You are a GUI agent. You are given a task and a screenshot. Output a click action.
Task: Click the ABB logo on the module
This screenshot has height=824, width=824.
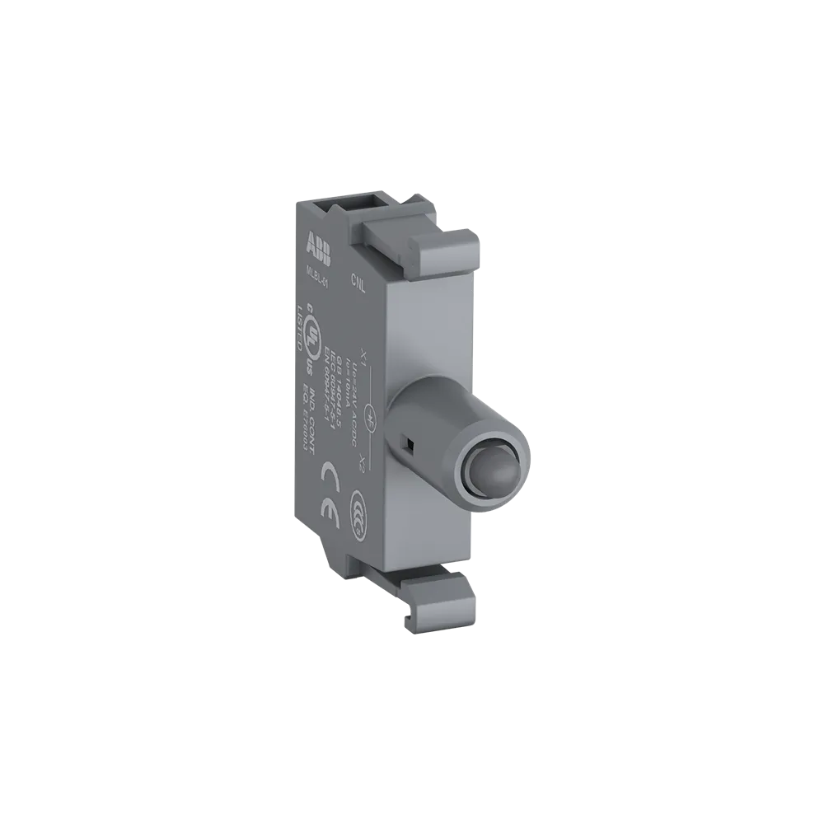pyautogui.click(x=318, y=247)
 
